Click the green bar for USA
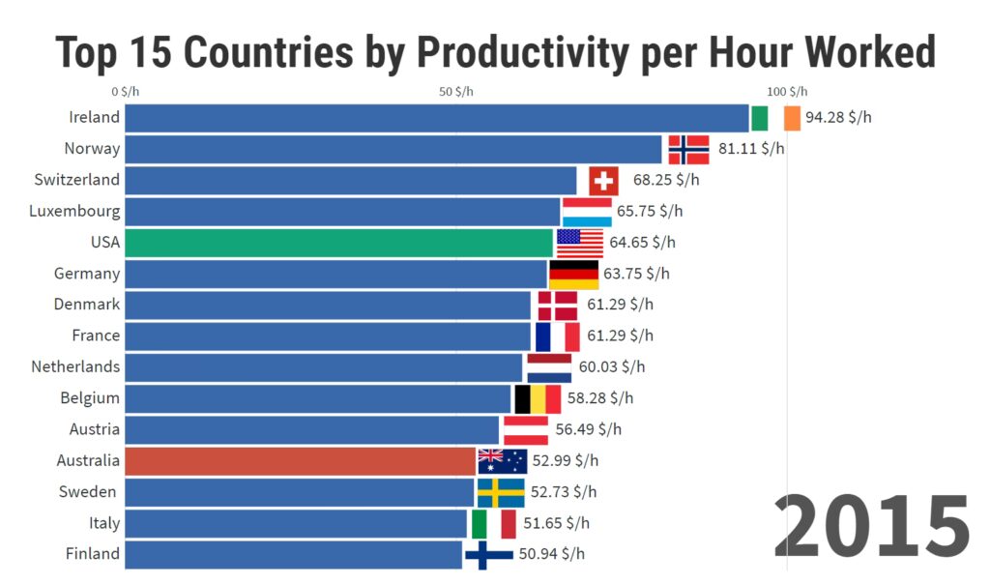(x=339, y=243)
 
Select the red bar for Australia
(x=300, y=461)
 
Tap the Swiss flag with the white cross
(x=603, y=181)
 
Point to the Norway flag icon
(x=688, y=150)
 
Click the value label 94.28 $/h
(x=838, y=117)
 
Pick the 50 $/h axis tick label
(x=456, y=92)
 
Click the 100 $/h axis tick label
(x=787, y=92)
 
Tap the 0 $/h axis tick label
(x=125, y=92)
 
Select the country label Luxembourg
(x=74, y=211)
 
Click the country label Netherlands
(x=75, y=366)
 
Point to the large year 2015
(x=872, y=526)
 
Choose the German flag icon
(x=574, y=275)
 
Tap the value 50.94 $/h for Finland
(x=552, y=554)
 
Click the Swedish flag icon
(x=501, y=493)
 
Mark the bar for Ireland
(x=437, y=118)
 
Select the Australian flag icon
(x=503, y=461)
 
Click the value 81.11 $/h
(x=751, y=148)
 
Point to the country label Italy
(x=104, y=523)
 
